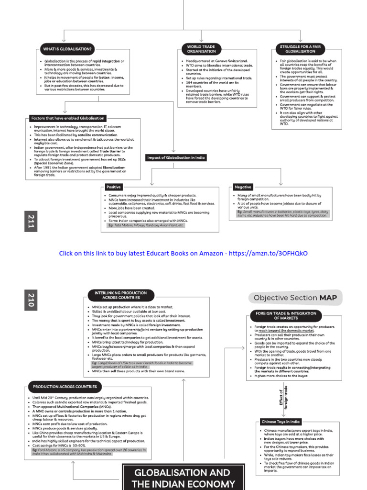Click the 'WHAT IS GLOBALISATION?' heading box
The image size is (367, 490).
point(67,49)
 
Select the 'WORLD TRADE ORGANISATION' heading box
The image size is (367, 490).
point(201,49)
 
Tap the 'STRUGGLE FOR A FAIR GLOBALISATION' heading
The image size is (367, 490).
point(301,49)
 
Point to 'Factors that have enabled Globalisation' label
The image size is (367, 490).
point(67,118)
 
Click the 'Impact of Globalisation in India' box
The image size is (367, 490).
point(176,157)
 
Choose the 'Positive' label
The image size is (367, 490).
point(114,187)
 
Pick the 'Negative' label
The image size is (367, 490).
point(243,187)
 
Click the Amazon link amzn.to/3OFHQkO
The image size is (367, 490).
point(268,253)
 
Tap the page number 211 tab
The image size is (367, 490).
point(31,222)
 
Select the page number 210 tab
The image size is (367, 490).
point(31,300)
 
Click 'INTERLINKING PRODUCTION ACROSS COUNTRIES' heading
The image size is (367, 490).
point(117,294)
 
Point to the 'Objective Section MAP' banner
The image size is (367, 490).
point(295,298)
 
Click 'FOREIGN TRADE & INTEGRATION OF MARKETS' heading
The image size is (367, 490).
point(286,316)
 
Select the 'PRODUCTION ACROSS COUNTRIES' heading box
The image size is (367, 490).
point(65,387)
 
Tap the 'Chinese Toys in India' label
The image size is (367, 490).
point(281,422)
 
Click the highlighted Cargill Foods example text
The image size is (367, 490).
point(142,365)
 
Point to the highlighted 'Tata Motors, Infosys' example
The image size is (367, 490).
point(145,225)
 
